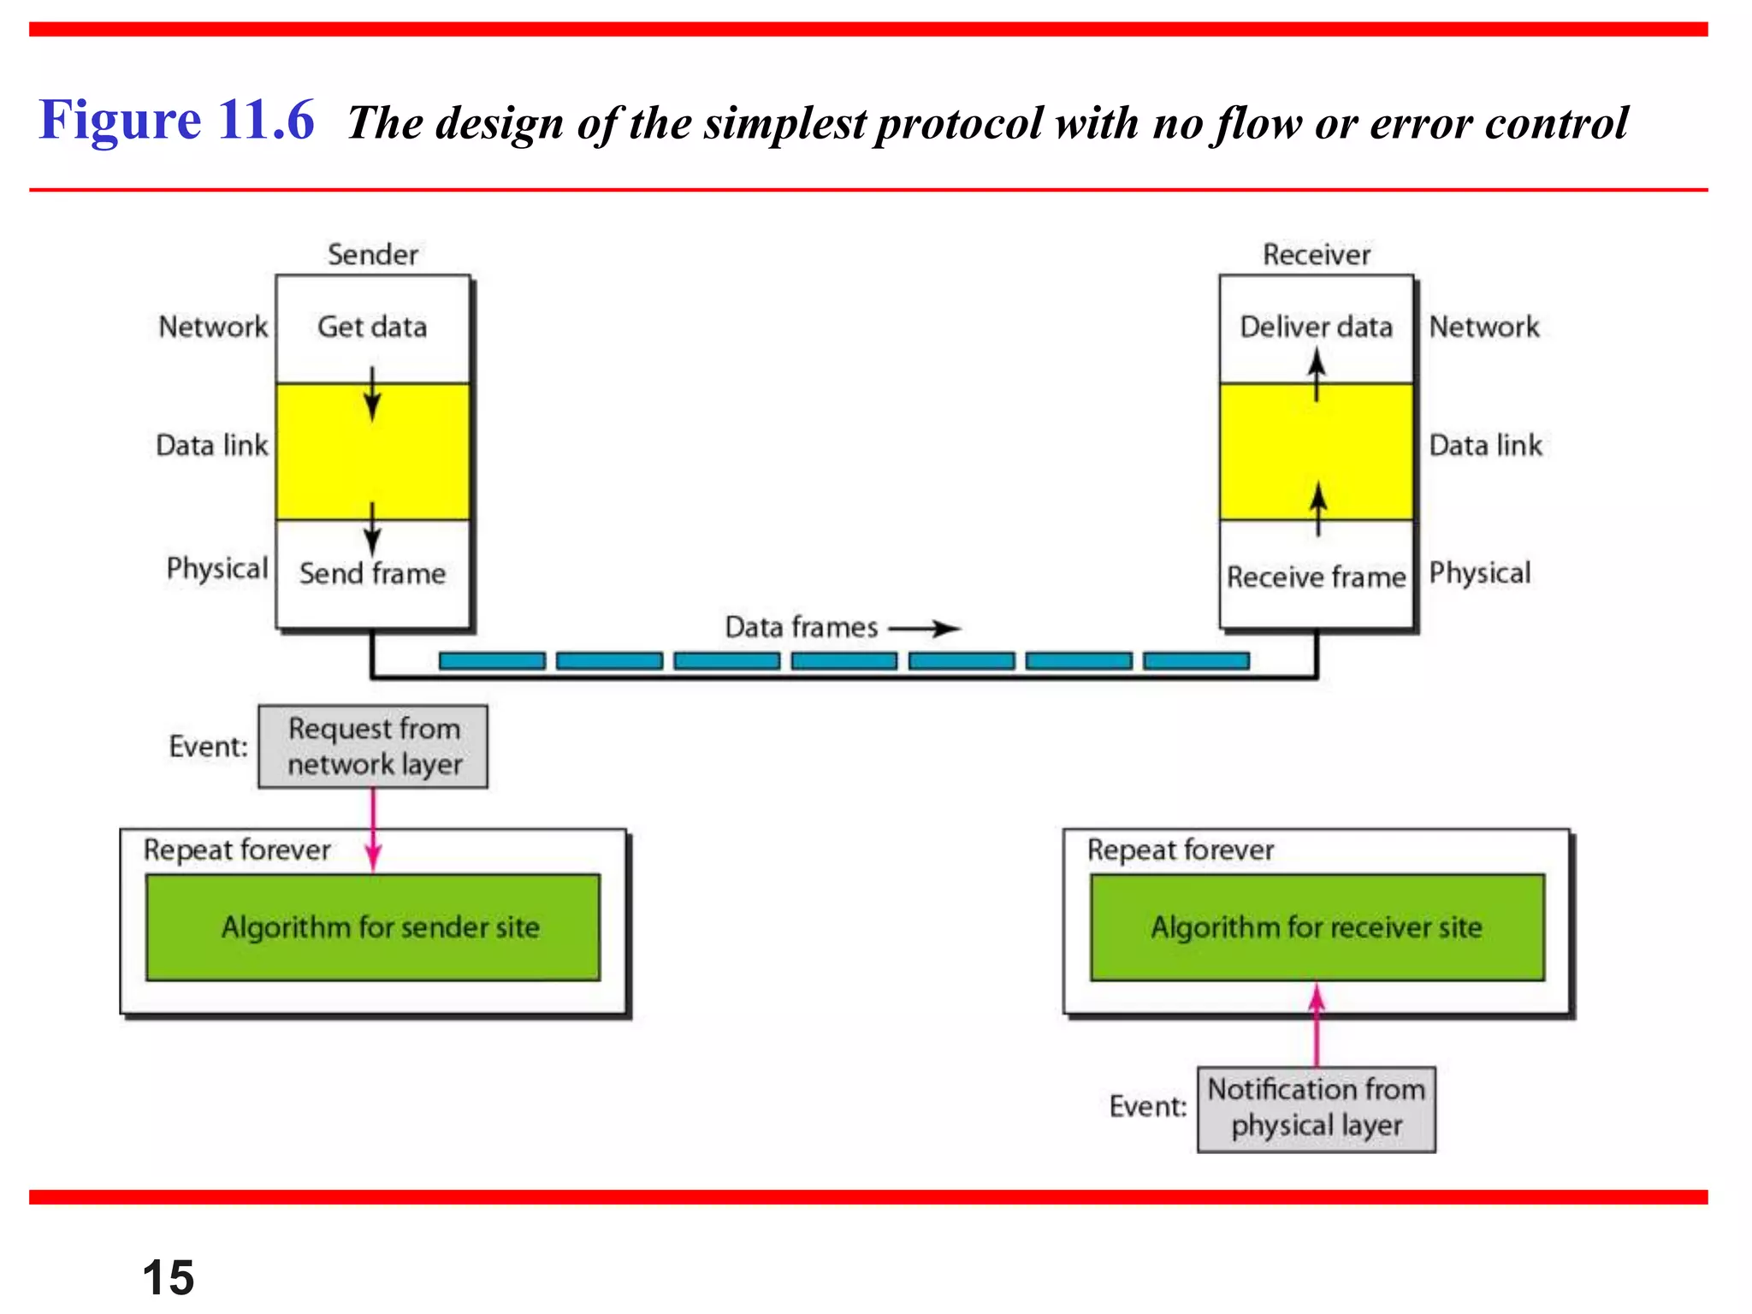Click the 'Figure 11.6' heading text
(x=176, y=120)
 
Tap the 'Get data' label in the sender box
(x=372, y=327)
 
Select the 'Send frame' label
(x=372, y=574)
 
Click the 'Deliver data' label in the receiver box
(x=1316, y=327)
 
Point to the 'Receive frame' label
(x=1316, y=577)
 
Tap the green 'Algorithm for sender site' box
(x=373, y=927)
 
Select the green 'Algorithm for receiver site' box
(x=1317, y=927)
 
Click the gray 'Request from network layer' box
(x=373, y=746)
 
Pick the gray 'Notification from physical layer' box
(x=1316, y=1109)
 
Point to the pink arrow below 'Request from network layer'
(x=373, y=830)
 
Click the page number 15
(x=169, y=1277)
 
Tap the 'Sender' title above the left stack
(x=372, y=255)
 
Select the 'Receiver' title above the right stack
(x=1316, y=255)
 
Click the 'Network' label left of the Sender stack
(x=213, y=327)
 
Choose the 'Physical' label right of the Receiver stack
(x=1480, y=573)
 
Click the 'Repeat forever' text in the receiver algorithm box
(x=1181, y=850)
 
